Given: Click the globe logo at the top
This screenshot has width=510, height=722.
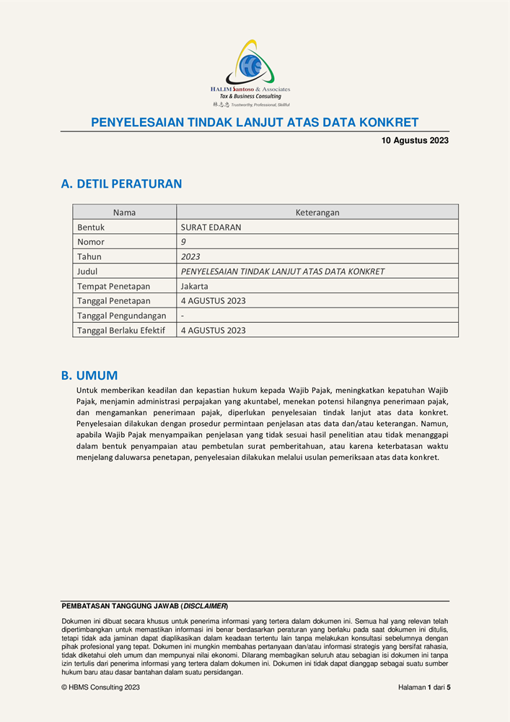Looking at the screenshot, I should point(250,66).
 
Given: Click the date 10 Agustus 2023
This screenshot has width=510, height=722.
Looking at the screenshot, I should point(415,141).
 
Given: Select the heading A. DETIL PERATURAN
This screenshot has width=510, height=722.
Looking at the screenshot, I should point(121,184).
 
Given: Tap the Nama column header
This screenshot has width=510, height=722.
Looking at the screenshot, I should point(124,212).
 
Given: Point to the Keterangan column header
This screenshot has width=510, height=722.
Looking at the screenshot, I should point(317,212).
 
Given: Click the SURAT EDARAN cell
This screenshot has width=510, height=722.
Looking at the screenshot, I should point(211,227).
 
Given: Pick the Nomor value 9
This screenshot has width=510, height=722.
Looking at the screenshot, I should point(183,242).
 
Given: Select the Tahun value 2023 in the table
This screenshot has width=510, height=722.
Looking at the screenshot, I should point(190,257).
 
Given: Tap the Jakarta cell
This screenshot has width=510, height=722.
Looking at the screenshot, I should point(195,286).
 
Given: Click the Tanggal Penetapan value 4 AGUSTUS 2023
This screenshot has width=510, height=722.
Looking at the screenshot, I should point(213,301).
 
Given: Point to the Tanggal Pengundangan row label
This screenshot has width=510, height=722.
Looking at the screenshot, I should point(121,316).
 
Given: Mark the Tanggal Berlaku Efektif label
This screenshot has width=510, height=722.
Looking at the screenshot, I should point(121,331).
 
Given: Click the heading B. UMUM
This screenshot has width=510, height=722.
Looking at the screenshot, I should point(89,375).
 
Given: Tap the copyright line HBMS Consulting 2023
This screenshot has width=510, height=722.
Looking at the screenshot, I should point(101,687).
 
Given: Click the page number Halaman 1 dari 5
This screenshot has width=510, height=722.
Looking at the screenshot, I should point(424,687).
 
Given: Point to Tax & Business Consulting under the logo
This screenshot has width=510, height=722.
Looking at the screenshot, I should point(250,96).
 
